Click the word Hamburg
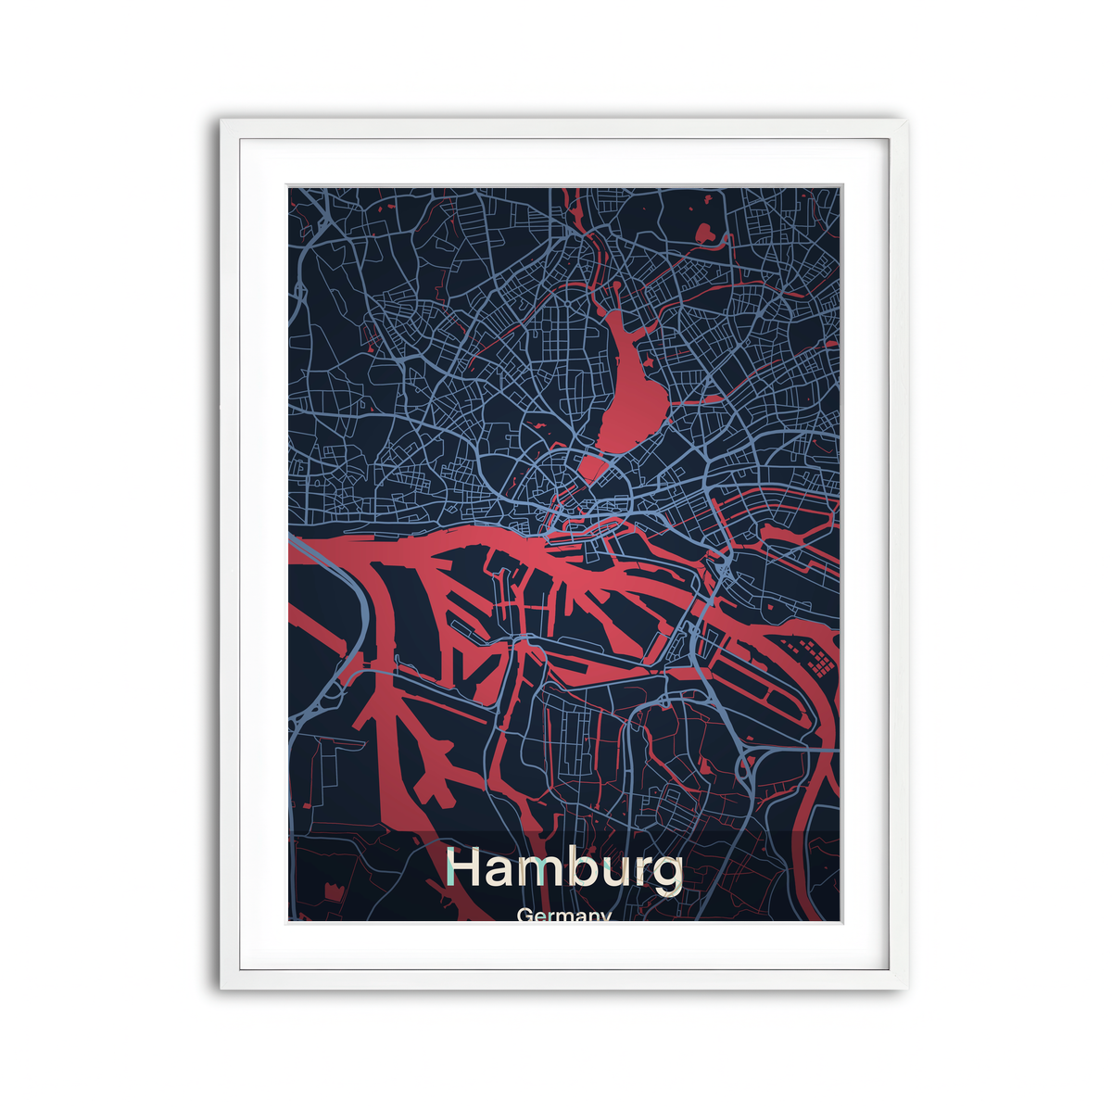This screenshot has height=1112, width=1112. (564, 869)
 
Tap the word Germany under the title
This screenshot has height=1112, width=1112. (564, 916)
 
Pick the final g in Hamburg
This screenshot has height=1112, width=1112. (667, 875)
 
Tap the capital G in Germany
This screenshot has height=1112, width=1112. (525, 916)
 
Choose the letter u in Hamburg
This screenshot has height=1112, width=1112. (615, 873)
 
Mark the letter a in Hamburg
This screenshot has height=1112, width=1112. (501, 873)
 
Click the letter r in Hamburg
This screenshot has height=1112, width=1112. (641, 872)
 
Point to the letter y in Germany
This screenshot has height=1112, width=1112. (605, 917)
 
